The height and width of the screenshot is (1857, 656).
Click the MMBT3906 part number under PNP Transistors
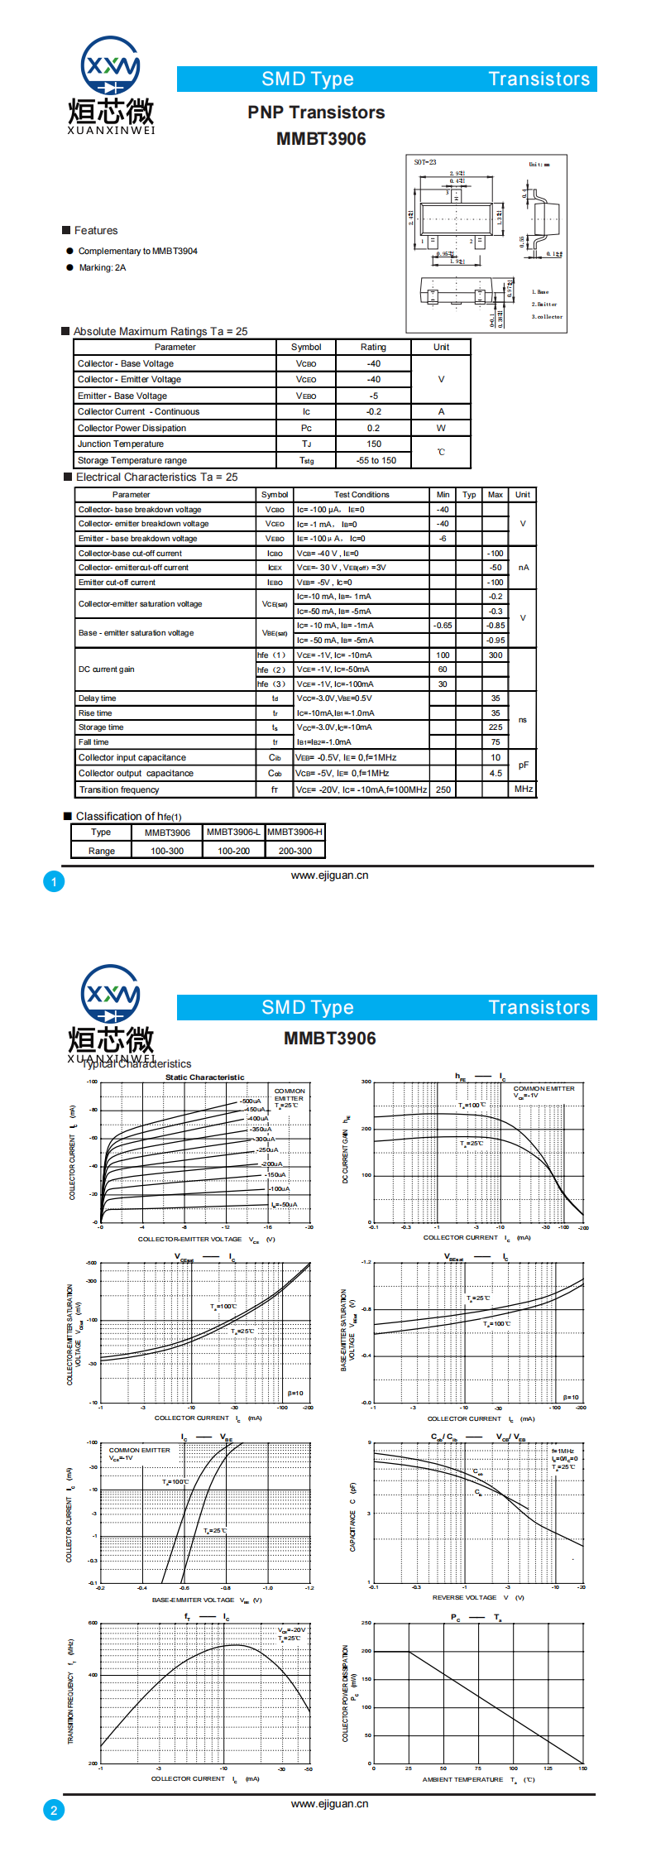tap(321, 139)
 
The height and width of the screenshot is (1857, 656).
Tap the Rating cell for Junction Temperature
tap(374, 444)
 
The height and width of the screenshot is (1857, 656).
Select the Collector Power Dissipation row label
tap(132, 429)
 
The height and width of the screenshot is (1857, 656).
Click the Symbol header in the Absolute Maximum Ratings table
tap(306, 348)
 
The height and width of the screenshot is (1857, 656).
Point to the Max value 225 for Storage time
tap(496, 727)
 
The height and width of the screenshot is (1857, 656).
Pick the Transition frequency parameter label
tap(119, 790)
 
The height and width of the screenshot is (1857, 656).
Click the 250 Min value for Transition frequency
tap(443, 790)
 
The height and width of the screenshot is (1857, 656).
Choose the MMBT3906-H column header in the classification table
tap(295, 833)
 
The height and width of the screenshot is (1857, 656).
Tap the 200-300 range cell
tap(295, 852)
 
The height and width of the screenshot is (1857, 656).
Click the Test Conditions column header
tap(362, 495)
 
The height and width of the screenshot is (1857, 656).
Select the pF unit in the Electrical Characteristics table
tap(523, 765)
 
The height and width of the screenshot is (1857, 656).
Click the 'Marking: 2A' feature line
tap(103, 268)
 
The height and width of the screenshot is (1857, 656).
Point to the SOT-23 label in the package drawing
tap(425, 162)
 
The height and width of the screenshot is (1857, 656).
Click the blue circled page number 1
tap(54, 882)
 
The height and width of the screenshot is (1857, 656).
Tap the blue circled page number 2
tap(54, 1811)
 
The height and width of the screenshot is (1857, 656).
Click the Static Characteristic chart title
tap(204, 1077)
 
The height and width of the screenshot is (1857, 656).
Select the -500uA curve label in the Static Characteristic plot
tap(251, 1101)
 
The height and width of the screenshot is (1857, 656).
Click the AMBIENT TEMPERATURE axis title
tap(462, 1779)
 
